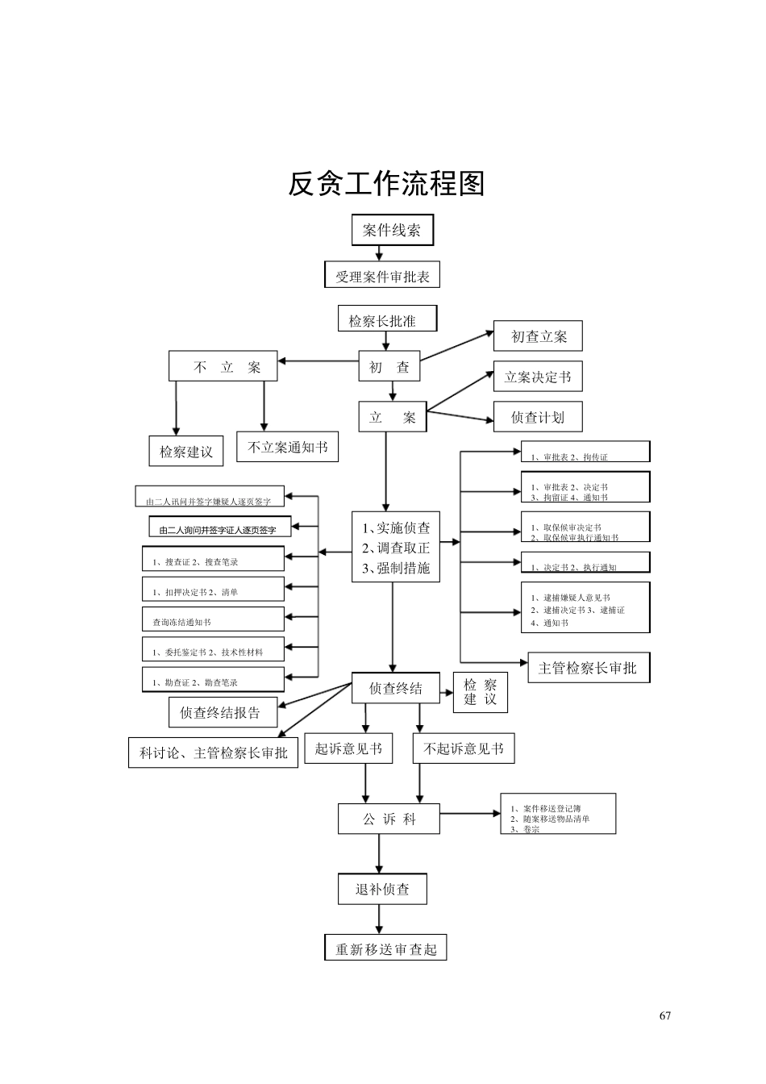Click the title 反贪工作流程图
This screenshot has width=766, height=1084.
(x=386, y=184)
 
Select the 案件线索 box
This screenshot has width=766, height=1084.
(x=392, y=230)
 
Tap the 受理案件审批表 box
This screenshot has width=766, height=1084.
(x=382, y=276)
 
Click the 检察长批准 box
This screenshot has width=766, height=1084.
(x=387, y=319)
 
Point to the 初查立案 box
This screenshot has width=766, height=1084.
(x=538, y=336)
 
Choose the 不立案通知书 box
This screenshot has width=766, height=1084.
(x=287, y=447)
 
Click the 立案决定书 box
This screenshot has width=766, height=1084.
(x=538, y=377)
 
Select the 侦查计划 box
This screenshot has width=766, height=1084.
(x=538, y=417)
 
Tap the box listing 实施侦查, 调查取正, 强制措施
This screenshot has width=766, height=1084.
(x=396, y=547)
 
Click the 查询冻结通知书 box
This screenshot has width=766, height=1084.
(x=213, y=620)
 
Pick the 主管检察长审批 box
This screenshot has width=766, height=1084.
(x=588, y=668)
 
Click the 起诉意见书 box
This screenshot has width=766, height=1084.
(x=348, y=748)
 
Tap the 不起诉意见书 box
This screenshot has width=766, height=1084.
(x=463, y=748)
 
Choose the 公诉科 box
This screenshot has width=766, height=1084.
(x=389, y=819)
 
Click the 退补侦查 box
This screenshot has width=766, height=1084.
(x=382, y=889)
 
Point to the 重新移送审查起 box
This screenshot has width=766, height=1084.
(x=385, y=948)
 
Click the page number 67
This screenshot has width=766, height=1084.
(x=664, y=1015)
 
